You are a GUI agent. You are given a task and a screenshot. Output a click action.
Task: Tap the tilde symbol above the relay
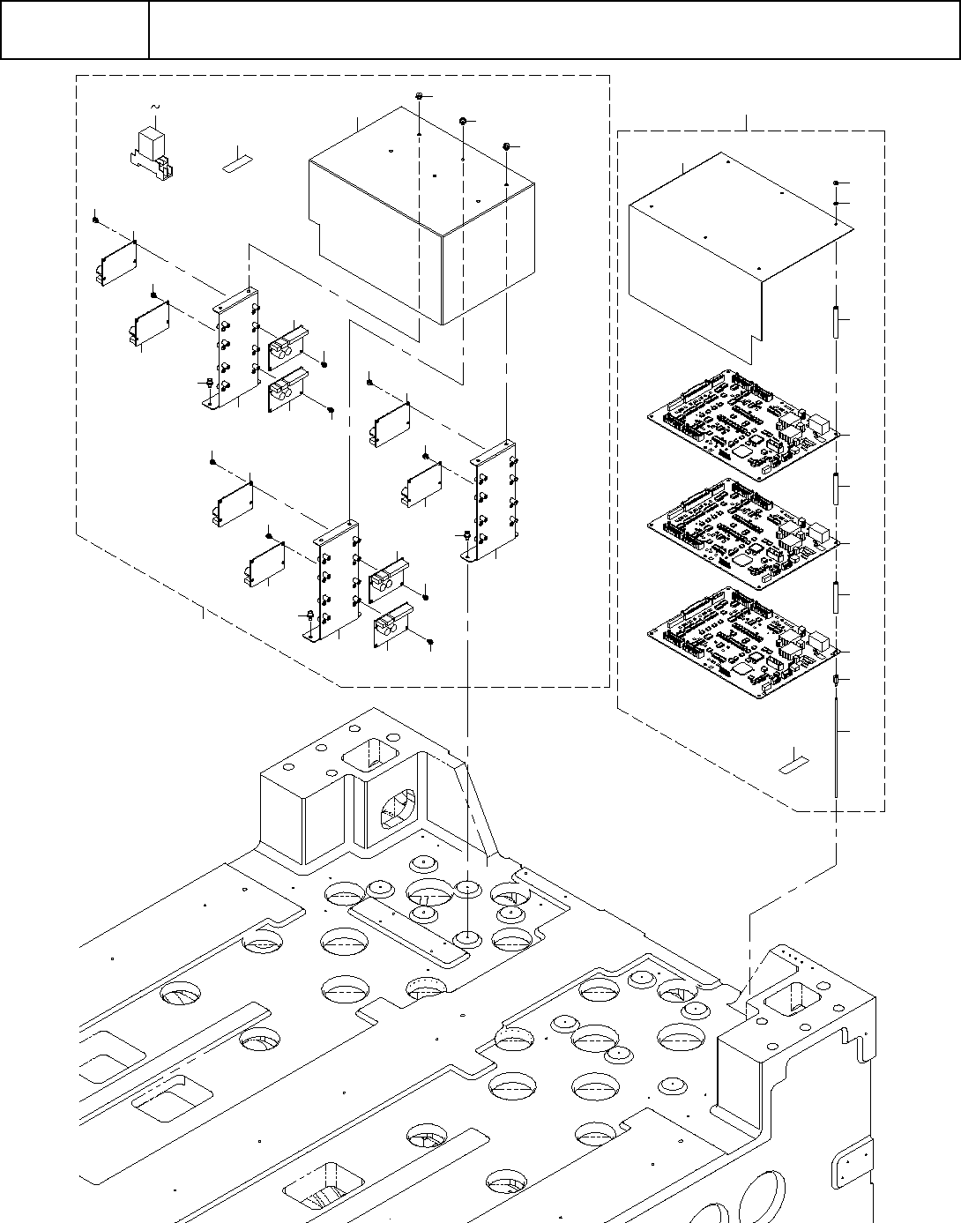click(x=157, y=107)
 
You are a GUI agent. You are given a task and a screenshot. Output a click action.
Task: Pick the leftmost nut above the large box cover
click(x=421, y=95)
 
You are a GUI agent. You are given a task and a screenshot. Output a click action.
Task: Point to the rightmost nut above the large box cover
click(x=507, y=145)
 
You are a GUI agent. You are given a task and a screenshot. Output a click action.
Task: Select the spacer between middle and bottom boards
click(x=835, y=597)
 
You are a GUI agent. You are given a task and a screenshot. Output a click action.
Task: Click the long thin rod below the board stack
click(x=835, y=741)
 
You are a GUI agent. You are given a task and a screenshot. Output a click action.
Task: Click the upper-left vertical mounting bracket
click(x=235, y=347)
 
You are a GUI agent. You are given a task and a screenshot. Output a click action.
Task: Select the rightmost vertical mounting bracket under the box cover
click(x=494, y=500)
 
